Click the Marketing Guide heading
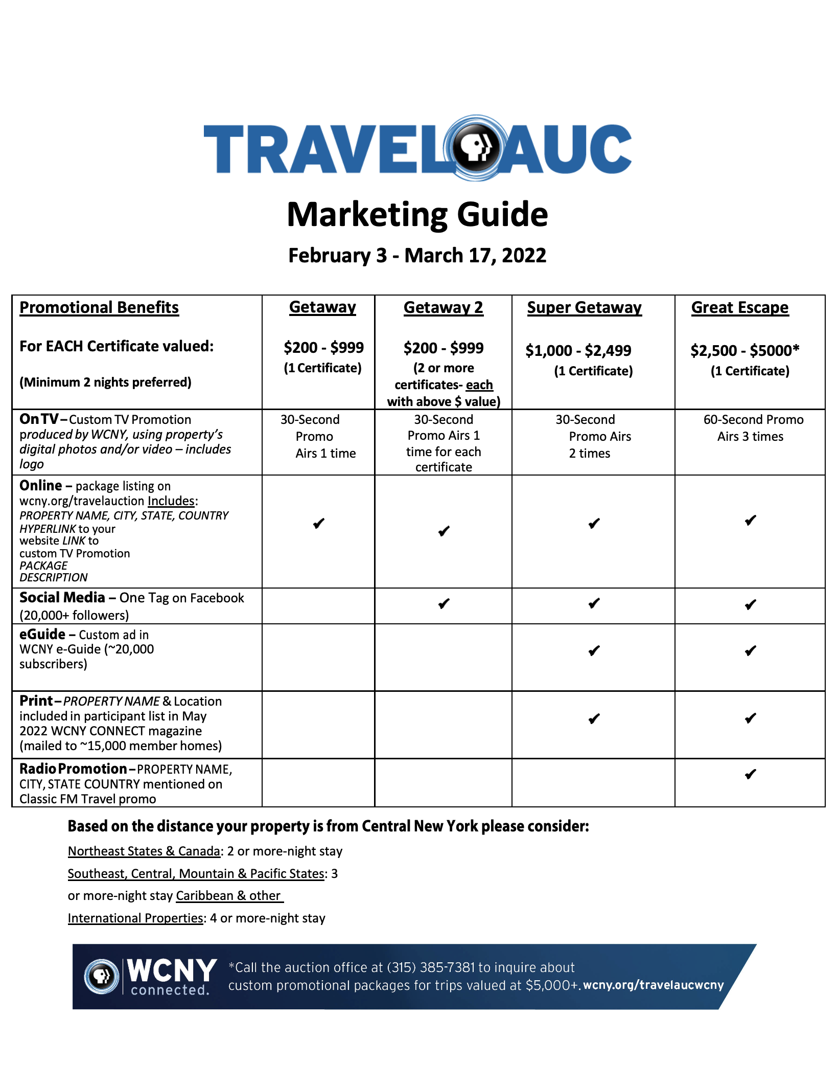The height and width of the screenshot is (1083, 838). pyautogui.click(x=417, y=214)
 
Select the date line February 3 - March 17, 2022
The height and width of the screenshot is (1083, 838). pyautogui.click(x=417, y=255)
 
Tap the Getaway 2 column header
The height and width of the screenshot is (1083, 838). pyautogui.click(x=443, y=307)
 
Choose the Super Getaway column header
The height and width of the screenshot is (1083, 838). pyautogui.click(x=584, y=307)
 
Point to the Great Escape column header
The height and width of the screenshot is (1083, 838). pyautogui.click(x=739, y=307)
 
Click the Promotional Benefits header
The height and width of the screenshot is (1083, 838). pyautogui.click(x=99, y=307)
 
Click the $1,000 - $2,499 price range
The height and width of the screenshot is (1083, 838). pyautogui.click(x=578, y=350)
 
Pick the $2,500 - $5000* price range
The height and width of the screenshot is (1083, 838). pyautogui.click(x=744, y=350)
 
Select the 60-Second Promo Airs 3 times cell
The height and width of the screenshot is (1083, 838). pyautogui.click(x=753, y=428)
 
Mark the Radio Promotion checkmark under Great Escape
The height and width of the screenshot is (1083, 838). pyautogui.click(x=750, y=774)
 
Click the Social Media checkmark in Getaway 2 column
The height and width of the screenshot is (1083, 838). pyautogui.click(x=444, y=604)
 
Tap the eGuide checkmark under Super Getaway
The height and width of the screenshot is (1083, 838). pyautogui.click(x=594, y=651)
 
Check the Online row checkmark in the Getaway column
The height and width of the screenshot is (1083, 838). pyautogui.click(x=319, y=523)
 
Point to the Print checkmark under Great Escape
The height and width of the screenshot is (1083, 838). pyautogui.click(x=750, y=718)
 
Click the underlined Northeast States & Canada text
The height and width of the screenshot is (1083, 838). pyautogui.click(x=144, y=851)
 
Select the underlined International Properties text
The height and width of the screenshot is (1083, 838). pyautogui.click(x=135, y=918)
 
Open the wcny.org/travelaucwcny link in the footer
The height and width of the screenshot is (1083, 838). pyautogui.click(x=653, y=985)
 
